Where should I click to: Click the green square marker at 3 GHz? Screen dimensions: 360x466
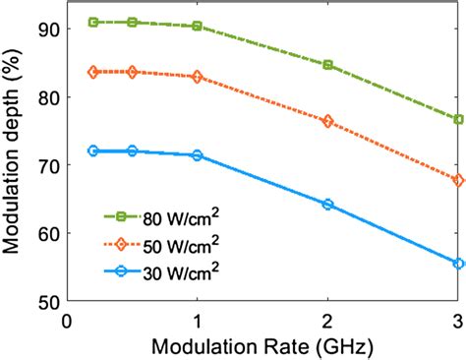458,119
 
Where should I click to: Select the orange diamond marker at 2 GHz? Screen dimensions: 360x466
327,121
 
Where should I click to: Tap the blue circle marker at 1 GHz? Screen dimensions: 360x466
197,155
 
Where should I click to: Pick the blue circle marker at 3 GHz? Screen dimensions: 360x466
458,264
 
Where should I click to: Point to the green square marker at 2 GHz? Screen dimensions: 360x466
327,65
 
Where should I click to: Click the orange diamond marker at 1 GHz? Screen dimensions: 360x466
197,77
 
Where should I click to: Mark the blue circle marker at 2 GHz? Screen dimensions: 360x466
327,205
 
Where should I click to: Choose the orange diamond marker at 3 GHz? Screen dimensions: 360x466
458,180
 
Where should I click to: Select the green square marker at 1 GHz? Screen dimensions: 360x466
197,27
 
